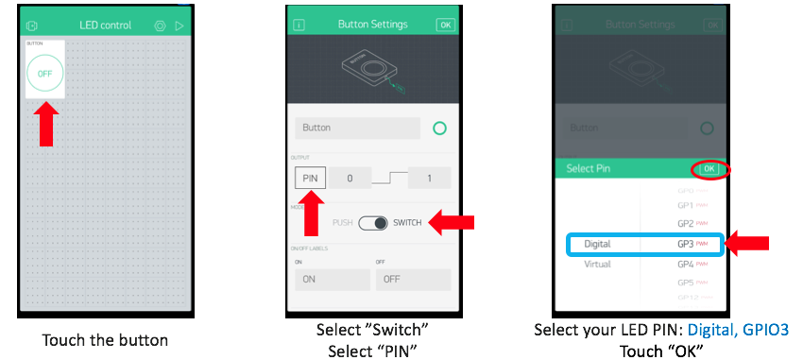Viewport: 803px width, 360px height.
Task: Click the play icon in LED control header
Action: pyautogui.click(x=179, y=25)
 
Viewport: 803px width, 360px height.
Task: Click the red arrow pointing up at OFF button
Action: pyautogui.click(x=44, y=124)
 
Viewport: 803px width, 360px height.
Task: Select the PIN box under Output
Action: pyautogui.click(x=309, y=177)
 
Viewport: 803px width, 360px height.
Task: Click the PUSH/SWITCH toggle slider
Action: pyautogui.click(x=373, y=223)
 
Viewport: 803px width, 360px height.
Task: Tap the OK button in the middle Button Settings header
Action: pyautogui.click(x=445, y=25)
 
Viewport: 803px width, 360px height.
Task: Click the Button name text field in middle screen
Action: pyautogui.click(x=356, y=128)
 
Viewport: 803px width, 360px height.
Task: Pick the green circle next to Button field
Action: pyautogui.click(x=438, y=128)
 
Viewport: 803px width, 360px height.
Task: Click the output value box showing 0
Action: pyautogui.click(x=349, y=177)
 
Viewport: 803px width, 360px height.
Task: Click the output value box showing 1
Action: pyautogui.click(x=428, y=177)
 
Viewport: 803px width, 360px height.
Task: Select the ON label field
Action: pyautogui.click(x=331, y=280)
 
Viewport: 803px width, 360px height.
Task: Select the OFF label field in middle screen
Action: pyautogui.click(x=413, y=280)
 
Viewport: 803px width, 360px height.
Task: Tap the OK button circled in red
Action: pyautogui.click(x=709, y=168)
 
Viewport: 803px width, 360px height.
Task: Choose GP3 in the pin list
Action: pyautogui.click(x=687, y=244)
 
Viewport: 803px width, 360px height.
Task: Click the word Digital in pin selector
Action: pyautogui.click(x=597, y=244)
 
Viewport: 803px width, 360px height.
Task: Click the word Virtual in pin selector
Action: pyautogui.click(x=597, y=264)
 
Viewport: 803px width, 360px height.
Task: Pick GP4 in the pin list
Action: pyautogui.click(x=687, y=264)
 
